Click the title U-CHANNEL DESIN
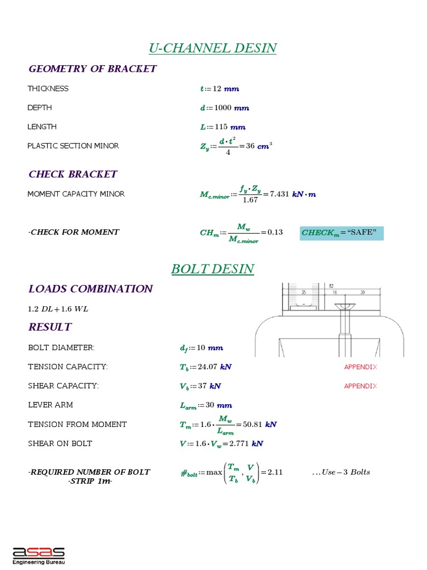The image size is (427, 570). click(213, 48)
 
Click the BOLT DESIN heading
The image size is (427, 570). click(213, 269)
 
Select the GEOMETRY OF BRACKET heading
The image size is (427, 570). click(92, 69)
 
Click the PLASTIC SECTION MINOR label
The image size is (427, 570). click(73, 146)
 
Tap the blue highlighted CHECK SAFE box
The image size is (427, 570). click(341, 232)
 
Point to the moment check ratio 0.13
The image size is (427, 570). click(275, 232)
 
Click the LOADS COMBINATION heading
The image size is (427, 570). click(90, 289)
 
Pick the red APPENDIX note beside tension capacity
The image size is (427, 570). click(360, 367)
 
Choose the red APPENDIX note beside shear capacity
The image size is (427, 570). click(360, 386)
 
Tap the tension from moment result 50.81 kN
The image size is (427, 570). click(263, 424)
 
